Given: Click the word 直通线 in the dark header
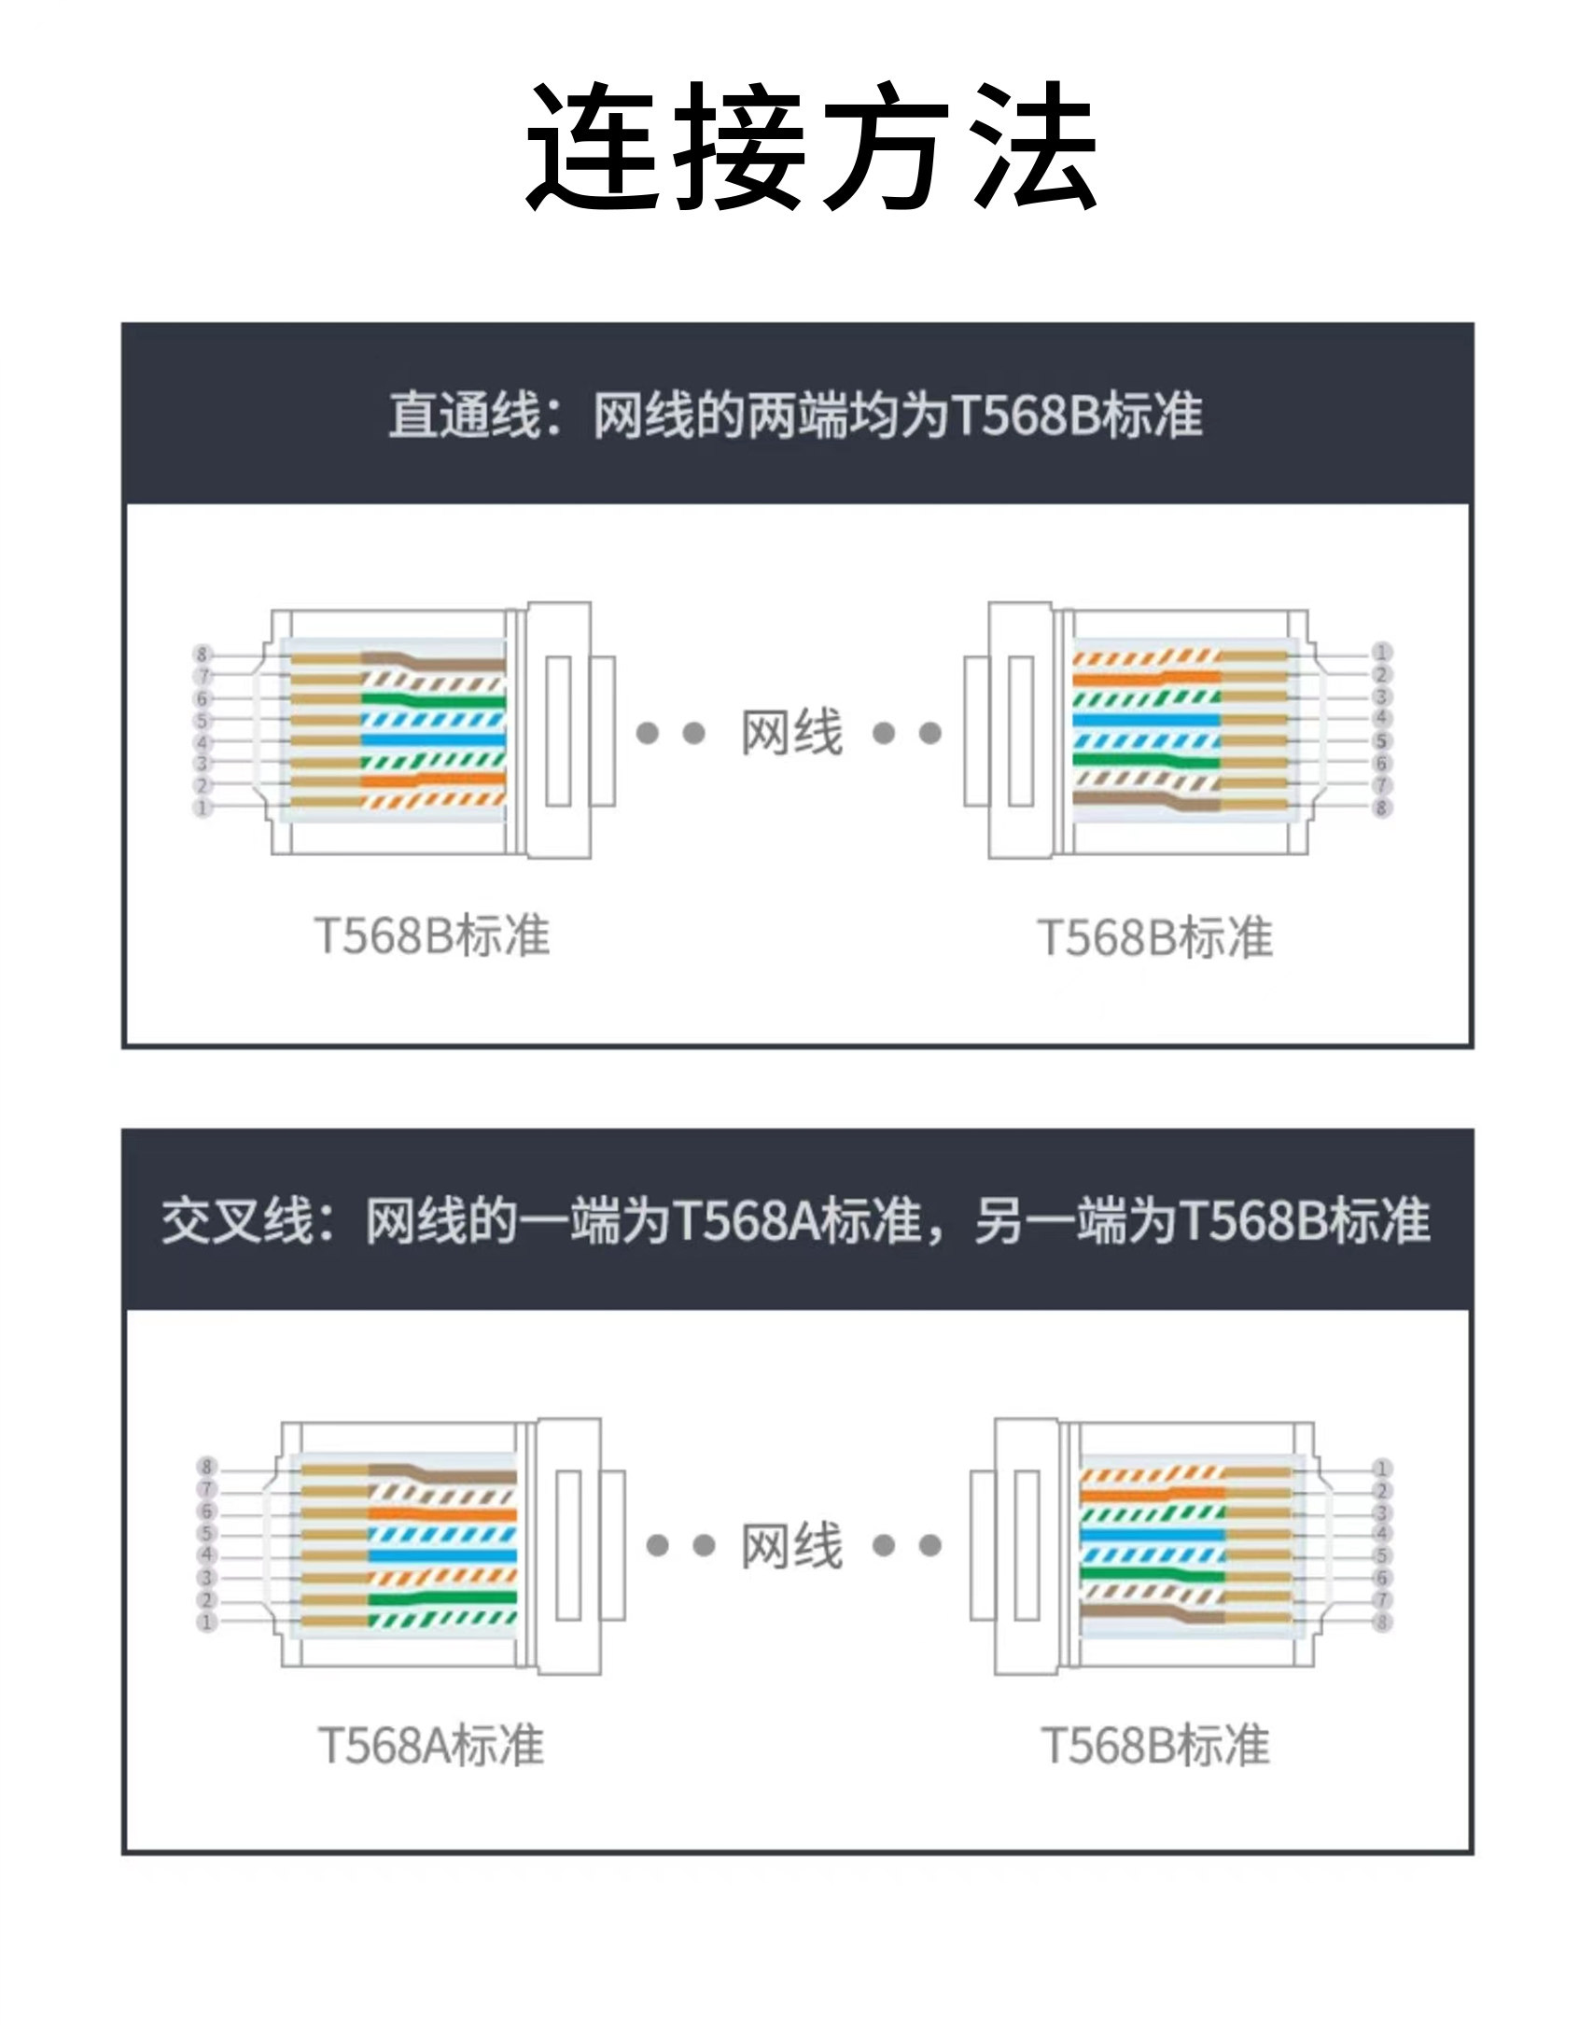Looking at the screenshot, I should (x=465, y=415).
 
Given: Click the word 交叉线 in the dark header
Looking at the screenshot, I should (x=237, y=1220).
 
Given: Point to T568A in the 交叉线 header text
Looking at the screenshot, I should (x=746, y=1220).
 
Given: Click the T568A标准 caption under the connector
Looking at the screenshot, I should (x=430, y=1746).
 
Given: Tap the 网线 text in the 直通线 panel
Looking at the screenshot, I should (x=791, y=733).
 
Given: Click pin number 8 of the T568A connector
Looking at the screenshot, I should (x=207, y=1467).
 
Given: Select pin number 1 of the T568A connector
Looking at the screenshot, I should (x=207, y=1623).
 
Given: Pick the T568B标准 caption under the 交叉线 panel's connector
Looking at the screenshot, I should (x=1155, y=1746).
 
